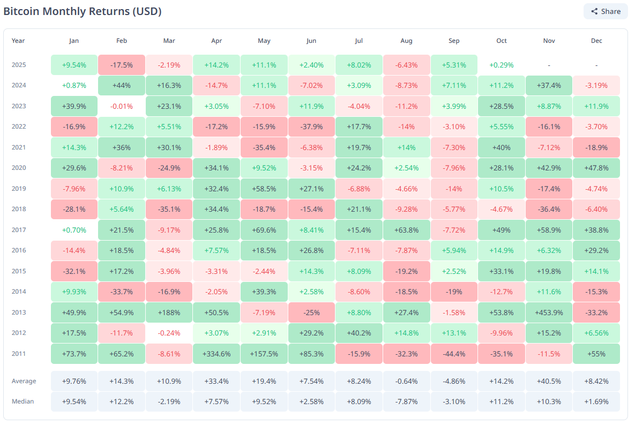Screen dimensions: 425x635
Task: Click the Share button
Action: pos(606,11)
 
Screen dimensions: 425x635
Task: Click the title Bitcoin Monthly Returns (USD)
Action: pos(83,11)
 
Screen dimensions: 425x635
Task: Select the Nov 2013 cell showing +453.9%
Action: pos(549,312)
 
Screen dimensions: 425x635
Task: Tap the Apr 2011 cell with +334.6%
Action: pos(216,354)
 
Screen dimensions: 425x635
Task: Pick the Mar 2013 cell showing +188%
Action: pos(169,312)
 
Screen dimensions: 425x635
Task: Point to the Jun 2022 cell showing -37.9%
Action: pos(311,126)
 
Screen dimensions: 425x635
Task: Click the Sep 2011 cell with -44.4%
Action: pos(453,354)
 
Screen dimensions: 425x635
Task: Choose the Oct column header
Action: pos(501,41)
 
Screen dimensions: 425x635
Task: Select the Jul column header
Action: pos(358,41)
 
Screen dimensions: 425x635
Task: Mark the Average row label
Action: pos(24,381)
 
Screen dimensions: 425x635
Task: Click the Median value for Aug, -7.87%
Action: pos(406,401)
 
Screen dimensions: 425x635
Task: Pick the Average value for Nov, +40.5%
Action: pos(549,381)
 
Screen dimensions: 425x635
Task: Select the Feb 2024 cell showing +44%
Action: pos(121,85)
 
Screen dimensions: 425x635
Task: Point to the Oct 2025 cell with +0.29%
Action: pos(501,65)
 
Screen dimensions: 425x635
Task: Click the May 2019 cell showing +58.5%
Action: pos(264,189)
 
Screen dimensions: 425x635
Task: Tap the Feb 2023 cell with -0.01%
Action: pos(121,106)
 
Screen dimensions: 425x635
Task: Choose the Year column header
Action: pos(18,41)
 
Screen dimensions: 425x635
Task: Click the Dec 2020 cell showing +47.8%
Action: pos(596,168)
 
